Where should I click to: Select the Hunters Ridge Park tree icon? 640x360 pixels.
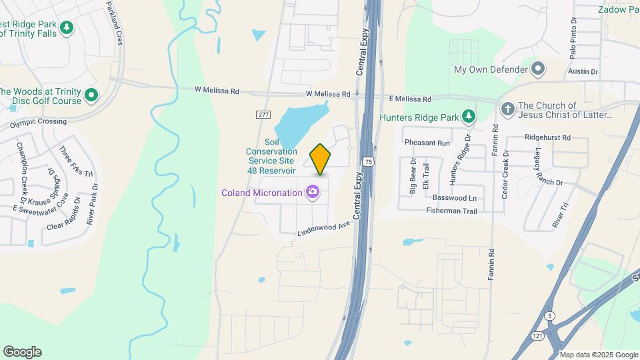[x=469, y=117]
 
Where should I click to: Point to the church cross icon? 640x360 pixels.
[x=507, y=109]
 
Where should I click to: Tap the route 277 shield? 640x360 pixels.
[x=263, y=115]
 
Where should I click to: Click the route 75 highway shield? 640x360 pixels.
[x=368, y=161]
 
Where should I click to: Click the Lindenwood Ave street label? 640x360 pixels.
[x=323, y=227]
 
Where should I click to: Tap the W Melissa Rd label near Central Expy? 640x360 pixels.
[x=328, y=95]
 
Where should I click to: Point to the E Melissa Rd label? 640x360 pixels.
[x=409, y=99]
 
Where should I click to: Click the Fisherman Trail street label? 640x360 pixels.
[x=451, y=211]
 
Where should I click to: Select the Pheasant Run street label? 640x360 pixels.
[x=427, y=143]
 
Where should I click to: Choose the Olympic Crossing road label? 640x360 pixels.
[x=38, y=123]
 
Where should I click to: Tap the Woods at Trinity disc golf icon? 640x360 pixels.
[x=91, y=96]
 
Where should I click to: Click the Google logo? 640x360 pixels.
[x=22, y=352]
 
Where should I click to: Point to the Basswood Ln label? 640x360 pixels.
[x=455, y=198]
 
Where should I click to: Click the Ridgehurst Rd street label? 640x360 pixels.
[x=548, y=138]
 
